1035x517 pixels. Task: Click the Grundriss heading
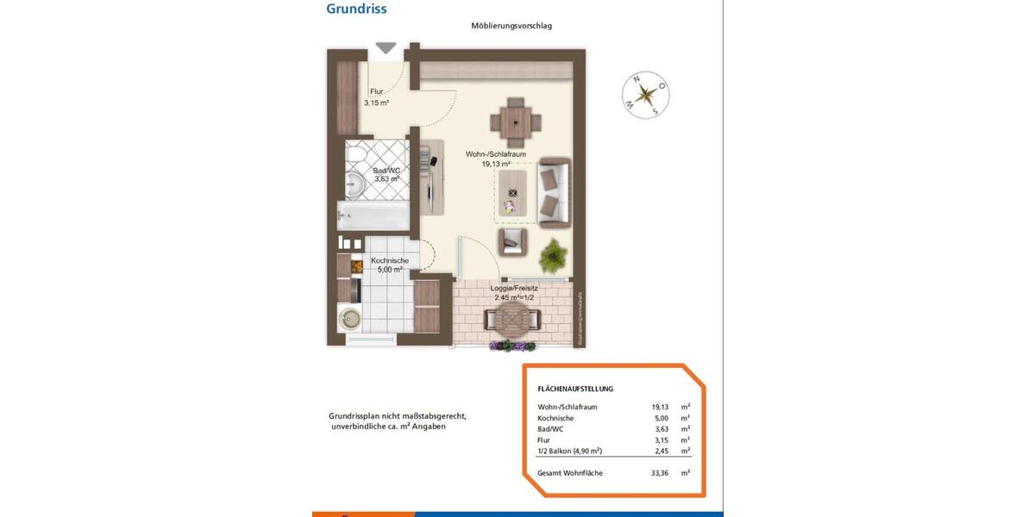[x=356, y=9]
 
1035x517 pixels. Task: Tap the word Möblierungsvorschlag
[x=511, y=26]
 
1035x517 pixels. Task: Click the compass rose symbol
[x=646, y=94]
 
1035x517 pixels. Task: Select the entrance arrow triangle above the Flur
[x=386, y=48]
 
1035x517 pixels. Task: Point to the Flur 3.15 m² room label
[x=376, y=97]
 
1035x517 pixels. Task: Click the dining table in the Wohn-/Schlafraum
[x=516, y=121]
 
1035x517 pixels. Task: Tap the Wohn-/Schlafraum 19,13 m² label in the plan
[x=495, y=159]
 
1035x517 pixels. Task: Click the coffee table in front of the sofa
[x=514, y=194]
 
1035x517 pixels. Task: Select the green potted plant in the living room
[x=552, y=255]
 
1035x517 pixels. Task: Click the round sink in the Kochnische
[x=350, y=319]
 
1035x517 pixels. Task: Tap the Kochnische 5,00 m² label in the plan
[x=388, y=265]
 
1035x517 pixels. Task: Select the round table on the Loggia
[x=513, y=321]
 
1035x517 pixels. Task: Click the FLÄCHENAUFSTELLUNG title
[x=575, y=389]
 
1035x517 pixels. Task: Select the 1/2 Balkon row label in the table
[x=569, y=451]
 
